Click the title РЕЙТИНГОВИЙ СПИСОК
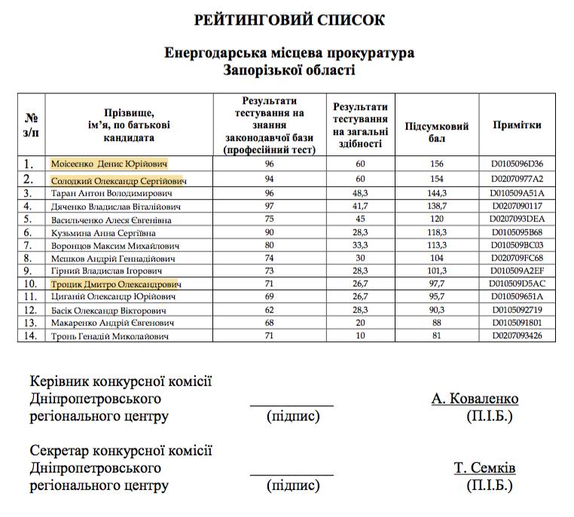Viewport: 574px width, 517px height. click(x=287, y=20)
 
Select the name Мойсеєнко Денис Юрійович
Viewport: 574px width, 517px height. click(x=109, y=163)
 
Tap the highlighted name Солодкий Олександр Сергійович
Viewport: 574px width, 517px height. click(x=119, y=181)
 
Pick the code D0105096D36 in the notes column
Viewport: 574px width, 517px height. click(x=517, y=163)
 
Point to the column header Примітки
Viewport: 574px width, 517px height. click(x=517, y=126)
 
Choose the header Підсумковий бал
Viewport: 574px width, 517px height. click(x=437, y=133)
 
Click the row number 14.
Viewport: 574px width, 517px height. click(x=31, y=335)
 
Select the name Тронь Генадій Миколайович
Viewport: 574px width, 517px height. click(x=109, y=336)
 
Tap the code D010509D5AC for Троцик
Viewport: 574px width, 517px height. click(x=517, y=284)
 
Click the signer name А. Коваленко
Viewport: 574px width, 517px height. click(x=475, y=399)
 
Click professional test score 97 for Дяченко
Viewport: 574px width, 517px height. click(x=269, y=206)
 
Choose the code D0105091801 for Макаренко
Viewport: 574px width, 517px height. click(x=517, y=323)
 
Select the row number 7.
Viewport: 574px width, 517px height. click(x=31, y=246)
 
